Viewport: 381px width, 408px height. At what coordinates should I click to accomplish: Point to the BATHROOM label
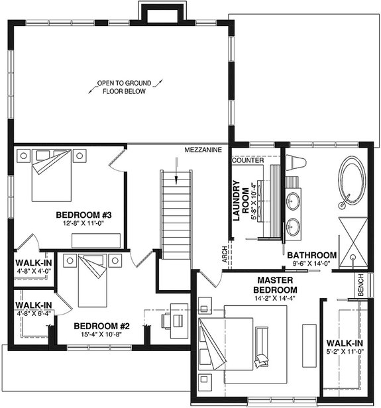tap(311, 255)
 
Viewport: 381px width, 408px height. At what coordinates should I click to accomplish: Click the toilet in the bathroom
tap(295, 164)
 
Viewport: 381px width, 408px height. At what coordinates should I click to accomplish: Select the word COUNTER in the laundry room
tap(248, 161)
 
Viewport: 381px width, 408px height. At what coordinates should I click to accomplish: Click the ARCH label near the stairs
tap(225, 255)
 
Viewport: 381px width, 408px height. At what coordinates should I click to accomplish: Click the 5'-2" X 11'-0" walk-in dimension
tap(345, 352)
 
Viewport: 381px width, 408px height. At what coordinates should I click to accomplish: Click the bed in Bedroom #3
tap(52, 174)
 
